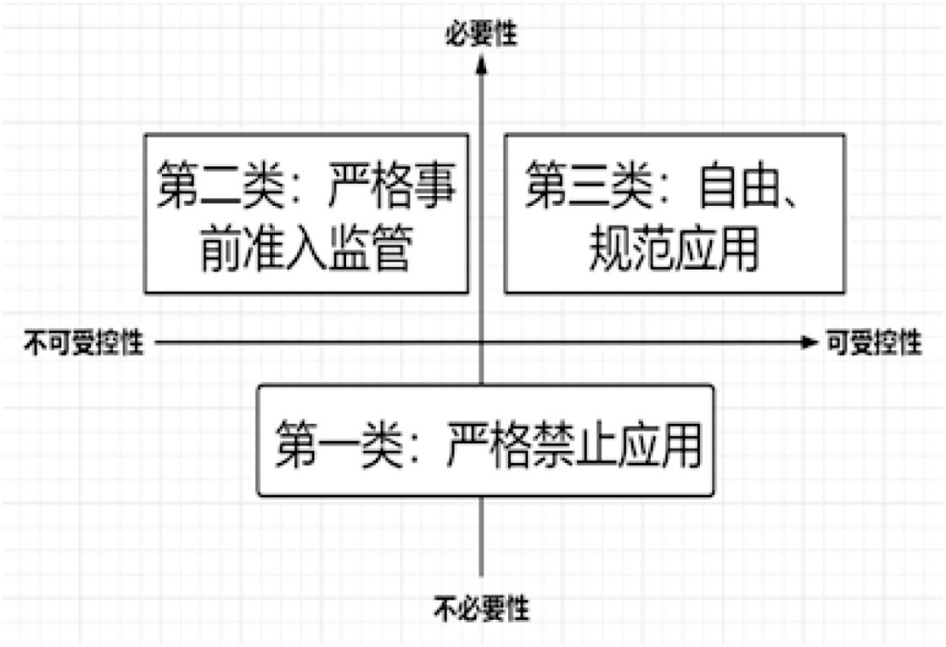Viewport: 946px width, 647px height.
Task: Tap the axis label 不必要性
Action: [x=482, y=605]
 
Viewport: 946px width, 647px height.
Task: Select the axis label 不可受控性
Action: [x=83, y=342]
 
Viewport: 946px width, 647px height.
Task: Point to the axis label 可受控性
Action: [x=873, y=342]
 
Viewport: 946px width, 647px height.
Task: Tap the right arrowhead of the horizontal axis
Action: [x=808, y=342]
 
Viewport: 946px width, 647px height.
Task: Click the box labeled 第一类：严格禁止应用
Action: [x=485, y=441]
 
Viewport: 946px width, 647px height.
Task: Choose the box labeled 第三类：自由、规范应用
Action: [x=674, y=213]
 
